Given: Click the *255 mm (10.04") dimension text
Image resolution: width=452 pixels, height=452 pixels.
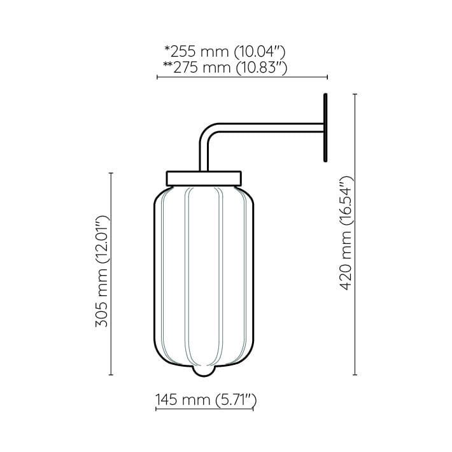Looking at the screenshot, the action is [x=225, y=52].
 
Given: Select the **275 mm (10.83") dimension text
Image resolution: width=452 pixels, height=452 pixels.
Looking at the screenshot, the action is [x=225, y=68].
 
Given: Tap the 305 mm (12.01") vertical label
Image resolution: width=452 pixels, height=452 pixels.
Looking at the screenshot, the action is [x=102, y=271].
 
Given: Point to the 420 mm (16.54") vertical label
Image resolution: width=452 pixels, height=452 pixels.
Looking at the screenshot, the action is [x=346, y=232].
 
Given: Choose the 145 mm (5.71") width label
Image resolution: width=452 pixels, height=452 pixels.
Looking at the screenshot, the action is [x=206, y=400].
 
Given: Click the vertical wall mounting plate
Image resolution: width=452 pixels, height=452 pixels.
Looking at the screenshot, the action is [x=325, y=127].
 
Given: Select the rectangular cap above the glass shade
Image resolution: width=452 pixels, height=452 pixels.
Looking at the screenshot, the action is [x=204, y=178].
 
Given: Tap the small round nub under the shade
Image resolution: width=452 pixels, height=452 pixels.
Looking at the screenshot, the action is [x=204, y=372].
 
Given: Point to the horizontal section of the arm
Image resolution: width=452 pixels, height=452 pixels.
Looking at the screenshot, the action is [x=271, y=128].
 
